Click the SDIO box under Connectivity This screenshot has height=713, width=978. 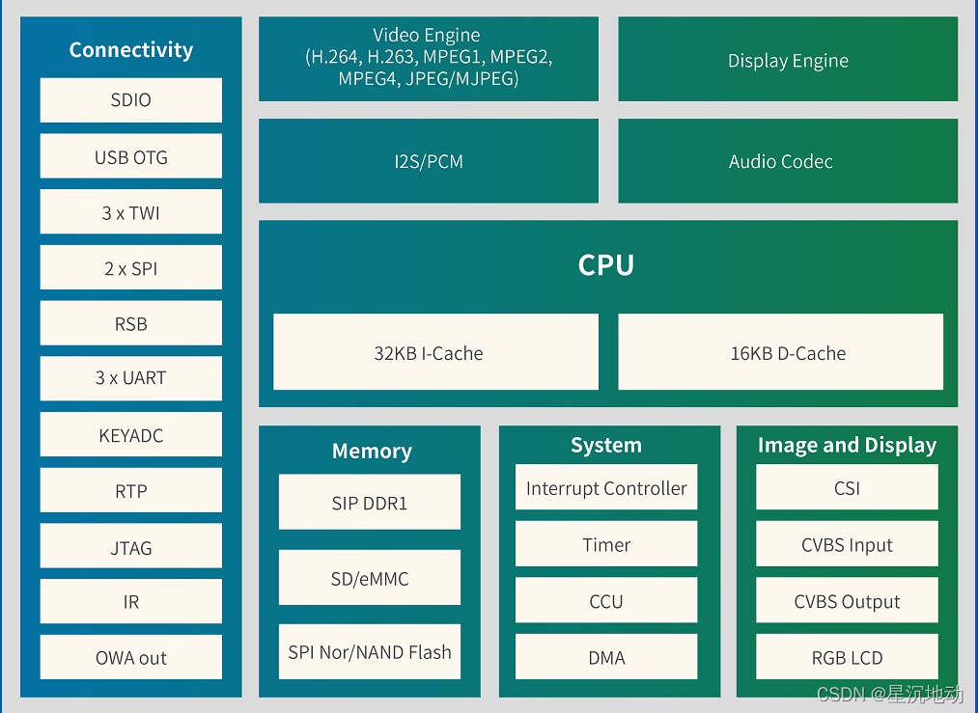click(x=131, y=99)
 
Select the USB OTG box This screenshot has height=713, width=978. click(x=131, y=155)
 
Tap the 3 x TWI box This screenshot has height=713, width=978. click(x=131, y=211)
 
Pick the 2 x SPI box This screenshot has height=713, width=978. click(x=131, y=266)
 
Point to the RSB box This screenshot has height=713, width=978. click(x=131, y=323)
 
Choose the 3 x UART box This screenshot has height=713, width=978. click(x=131, y=378)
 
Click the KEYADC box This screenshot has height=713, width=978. click(x=131, y=434)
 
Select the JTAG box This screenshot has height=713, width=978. click(x=131, y=545)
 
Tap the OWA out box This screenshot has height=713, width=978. click(x=131, y=657)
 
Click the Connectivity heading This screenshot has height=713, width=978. click(x=131, y=50)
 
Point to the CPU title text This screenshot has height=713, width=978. click(x=605, y=265)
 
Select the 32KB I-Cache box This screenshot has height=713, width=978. click(x=436, y=351)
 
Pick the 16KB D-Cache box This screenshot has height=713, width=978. click(x=781, y=351)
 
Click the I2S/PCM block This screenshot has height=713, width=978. click(x=429, y=161)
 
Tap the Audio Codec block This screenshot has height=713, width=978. click(x=788, y=161)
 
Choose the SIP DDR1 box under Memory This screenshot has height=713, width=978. click(x=370, y=502)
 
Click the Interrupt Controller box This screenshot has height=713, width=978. click(x=606, y=487)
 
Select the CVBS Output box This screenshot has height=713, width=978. click(x=847, y=599)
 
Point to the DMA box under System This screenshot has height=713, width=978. click(x=606, y=656)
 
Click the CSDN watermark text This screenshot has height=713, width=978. click(x=890, y=694)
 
